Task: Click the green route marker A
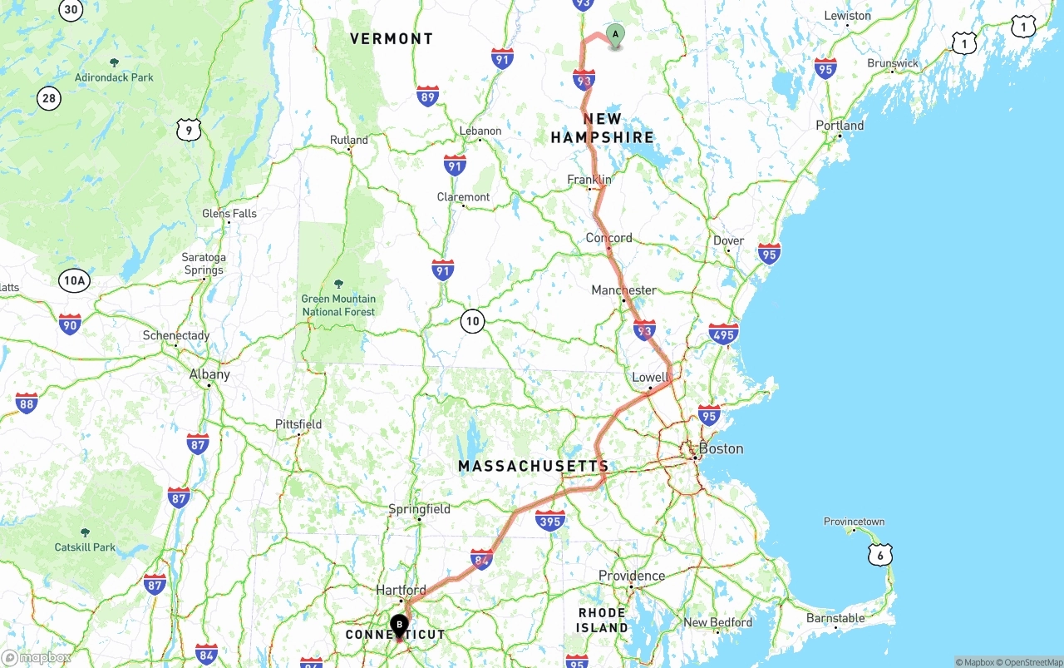615,35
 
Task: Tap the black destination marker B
399,625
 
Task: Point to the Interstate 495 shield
723,334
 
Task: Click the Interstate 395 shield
550,521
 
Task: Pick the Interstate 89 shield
428,96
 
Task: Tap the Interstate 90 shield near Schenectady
70,324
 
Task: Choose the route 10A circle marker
74,280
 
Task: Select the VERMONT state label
392,39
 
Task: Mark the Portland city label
840,126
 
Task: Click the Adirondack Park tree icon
114,62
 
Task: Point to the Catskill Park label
85,547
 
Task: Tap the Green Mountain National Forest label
338,305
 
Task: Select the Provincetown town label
854,522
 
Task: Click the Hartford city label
401,590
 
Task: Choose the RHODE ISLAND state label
603,620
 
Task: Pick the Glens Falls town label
229,213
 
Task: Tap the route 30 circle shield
71,10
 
